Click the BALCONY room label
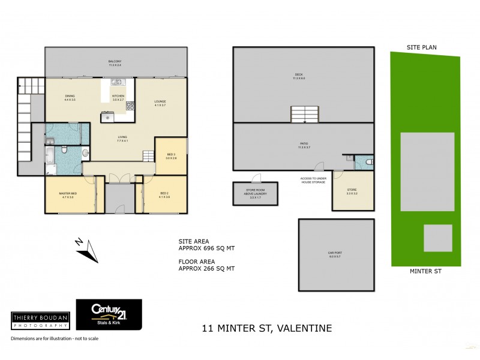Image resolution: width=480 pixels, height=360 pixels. tap(115, 61)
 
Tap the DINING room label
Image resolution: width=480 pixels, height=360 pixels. tap(70, 97)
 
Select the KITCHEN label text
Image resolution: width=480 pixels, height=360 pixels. tap(118, 96)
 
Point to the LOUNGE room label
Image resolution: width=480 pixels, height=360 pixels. tap(160, 101)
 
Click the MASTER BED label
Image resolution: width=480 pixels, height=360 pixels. tap(66, 193)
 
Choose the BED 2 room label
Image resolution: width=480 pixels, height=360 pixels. tap(164, 193)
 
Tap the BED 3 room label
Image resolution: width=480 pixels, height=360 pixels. tap(172, 154)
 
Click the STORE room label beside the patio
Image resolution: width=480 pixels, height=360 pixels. tap(352, 190)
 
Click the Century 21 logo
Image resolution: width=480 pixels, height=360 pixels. tap(109, 313)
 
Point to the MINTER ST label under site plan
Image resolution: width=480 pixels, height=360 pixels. tap(425, 271)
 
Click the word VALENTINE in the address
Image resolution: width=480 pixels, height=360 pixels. tap(304, 328)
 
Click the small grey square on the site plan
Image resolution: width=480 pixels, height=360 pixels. tap(437, 238)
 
